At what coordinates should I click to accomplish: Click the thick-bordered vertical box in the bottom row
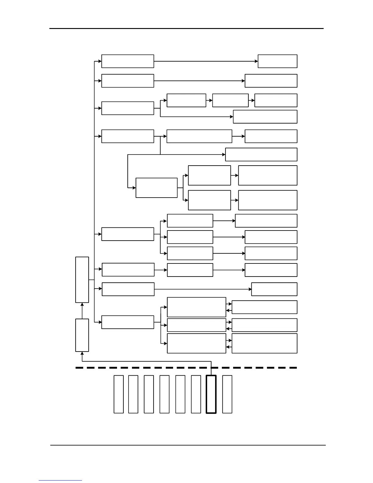(x=211, y=394)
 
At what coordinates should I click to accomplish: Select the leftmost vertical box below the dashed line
(x=119, y=394)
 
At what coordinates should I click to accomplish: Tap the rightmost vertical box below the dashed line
(x=227, y=394)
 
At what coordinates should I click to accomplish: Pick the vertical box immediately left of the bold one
(x=196, y=394)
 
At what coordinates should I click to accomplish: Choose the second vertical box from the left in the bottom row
(x=133, y=394)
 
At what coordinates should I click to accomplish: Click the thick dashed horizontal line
(x=186, y=368)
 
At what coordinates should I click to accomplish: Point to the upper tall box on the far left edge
(x=82, y=280)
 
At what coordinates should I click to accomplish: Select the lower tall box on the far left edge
(x=82, y=335)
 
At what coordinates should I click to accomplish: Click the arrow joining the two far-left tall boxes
(x=82, y=311)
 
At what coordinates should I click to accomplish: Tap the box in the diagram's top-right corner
(x=277, y=61)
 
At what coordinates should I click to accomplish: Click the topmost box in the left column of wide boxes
(x=127, y=61)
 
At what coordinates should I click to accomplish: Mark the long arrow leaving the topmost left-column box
(x=206, y=61)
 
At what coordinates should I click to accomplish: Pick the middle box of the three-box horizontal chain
(x=230, y=100)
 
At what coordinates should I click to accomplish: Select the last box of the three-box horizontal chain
(x=276, y=100)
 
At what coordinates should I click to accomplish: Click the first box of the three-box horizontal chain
(x=186, y=100)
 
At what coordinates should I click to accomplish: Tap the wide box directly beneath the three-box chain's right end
(x=265, y=117)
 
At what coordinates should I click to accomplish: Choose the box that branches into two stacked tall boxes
(x=156, y=188)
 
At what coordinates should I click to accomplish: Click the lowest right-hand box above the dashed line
(x=264, y=343)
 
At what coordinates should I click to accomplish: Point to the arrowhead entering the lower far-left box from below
(x=82, y=353)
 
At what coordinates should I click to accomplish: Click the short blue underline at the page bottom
(x=60, y=480)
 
